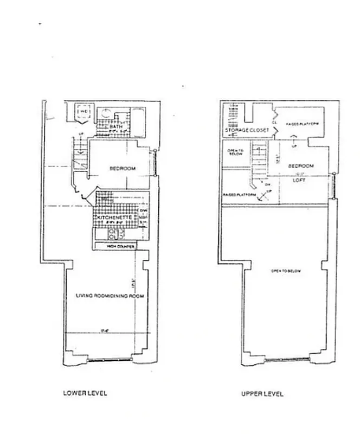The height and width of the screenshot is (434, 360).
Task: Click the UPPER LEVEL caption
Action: (262, 394)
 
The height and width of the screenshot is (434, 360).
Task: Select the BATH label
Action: (116, 126)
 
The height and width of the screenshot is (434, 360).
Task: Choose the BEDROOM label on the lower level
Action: (123, 169)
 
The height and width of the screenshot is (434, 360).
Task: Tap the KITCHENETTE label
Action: (115, 218)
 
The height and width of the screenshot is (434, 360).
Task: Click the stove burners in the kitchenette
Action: (115, 234)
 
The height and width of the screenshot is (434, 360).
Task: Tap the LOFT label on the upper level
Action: (299, 181)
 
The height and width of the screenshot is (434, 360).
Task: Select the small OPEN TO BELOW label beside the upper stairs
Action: (234, 152)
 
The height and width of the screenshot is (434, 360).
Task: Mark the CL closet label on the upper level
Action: (274, 123)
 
